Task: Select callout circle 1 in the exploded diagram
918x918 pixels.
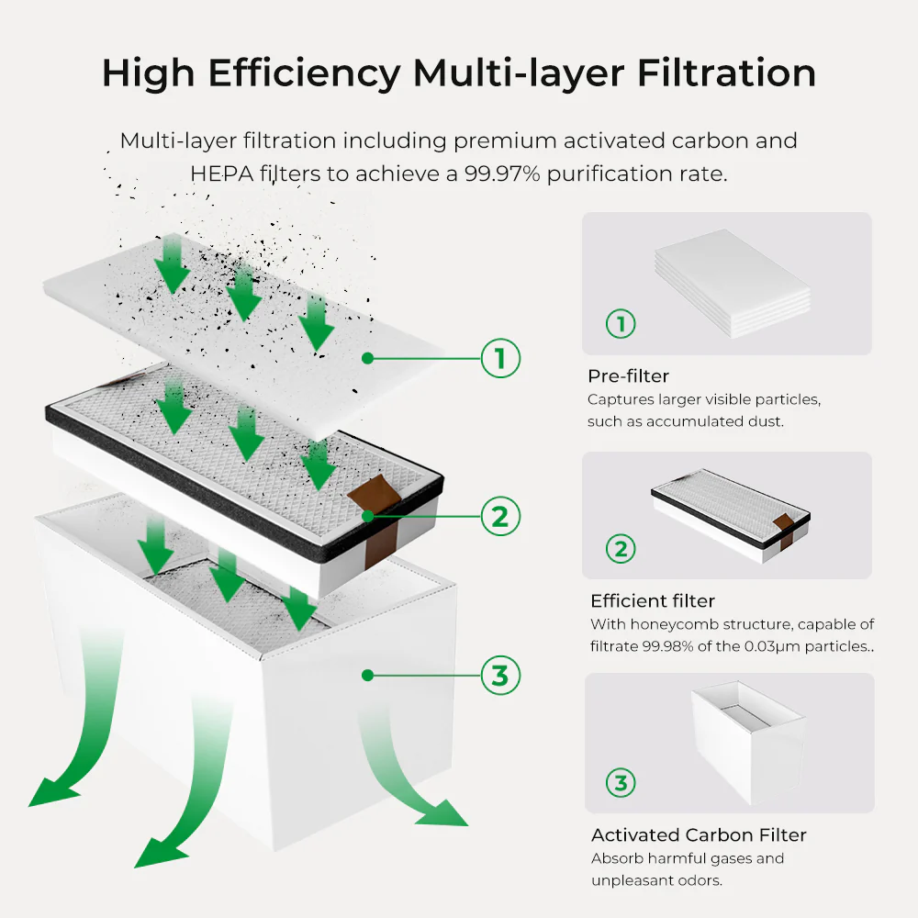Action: click(500, 358)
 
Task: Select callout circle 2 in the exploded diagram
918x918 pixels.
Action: click(500, 517)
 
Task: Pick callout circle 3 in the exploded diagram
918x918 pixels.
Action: click(500, 676)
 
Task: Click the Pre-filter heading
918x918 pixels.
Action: click(628, 376)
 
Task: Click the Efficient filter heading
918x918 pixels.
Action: click(652, 601)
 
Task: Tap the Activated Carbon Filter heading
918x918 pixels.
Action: click(699, 835)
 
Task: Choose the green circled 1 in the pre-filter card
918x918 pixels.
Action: click(621, 323)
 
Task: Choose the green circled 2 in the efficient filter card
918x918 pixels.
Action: click(621, 549)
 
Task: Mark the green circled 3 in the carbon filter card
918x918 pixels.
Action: click(621, 783)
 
